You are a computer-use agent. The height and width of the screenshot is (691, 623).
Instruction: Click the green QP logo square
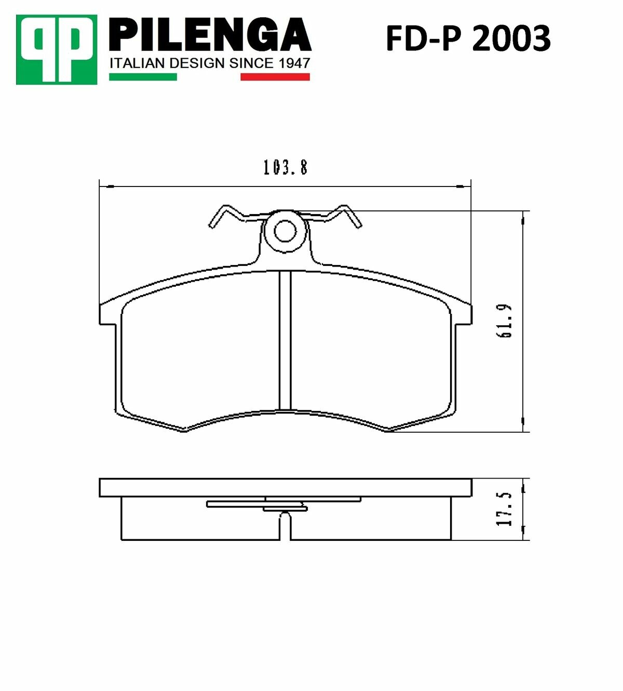pos(56,50)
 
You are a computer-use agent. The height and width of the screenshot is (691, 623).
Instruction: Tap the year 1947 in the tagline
pos(294,63)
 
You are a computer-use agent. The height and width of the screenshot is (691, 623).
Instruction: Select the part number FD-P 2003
pos(468,38)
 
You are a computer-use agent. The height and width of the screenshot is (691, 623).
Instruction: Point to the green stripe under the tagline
pos(143,77)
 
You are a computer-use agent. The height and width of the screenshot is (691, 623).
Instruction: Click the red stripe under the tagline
pos(275,77)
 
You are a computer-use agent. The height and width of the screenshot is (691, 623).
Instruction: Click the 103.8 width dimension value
pos(285,167)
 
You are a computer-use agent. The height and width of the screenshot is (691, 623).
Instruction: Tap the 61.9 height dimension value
pos(505,322)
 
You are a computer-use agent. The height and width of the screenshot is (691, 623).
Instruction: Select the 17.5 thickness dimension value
pos(505,509)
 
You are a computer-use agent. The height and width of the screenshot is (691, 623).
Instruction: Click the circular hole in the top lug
pos(285,231)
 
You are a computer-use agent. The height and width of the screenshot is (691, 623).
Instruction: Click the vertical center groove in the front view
pos(285,340)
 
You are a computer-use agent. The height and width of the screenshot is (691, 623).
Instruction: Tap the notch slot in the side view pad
pos(285,526)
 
